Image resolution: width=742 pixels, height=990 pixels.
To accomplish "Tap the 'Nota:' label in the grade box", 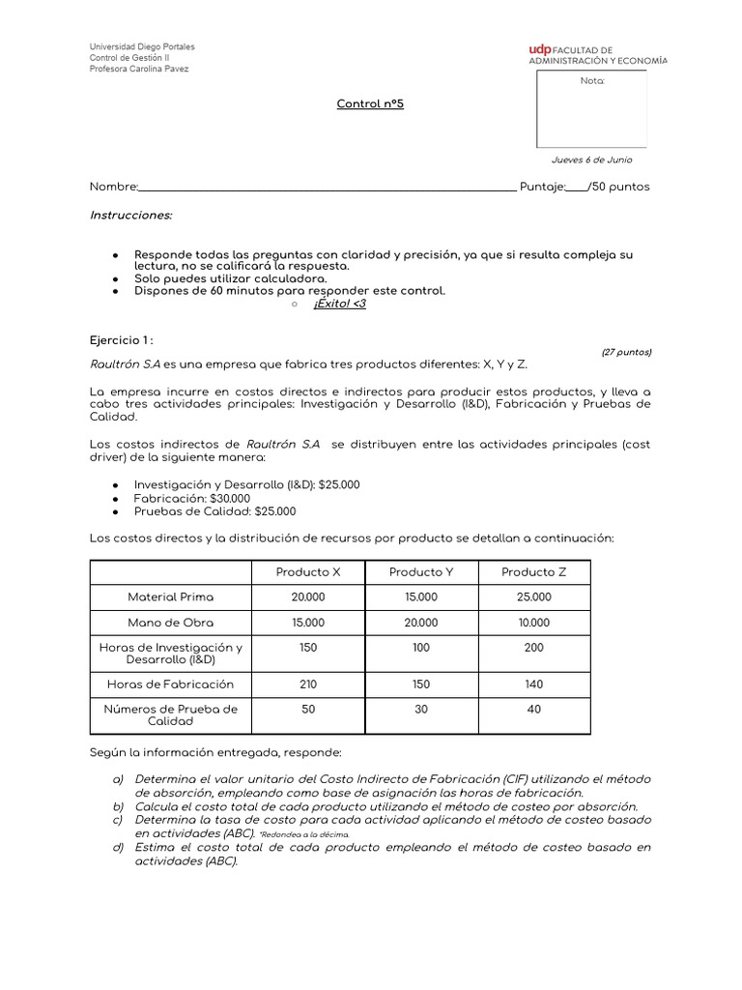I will pos(591,81).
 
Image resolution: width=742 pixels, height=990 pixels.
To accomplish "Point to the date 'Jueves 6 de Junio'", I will pos(591,160).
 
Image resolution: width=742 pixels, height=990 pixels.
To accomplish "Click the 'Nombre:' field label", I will pos(114,187).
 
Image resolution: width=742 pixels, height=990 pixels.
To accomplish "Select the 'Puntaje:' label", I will pos(541,187).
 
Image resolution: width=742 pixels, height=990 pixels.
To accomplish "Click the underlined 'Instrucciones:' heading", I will pos(130,215).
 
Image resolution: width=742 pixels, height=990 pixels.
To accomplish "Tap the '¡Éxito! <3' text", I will pos(339,304).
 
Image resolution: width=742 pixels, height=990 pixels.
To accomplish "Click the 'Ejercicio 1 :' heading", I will pos(122,340).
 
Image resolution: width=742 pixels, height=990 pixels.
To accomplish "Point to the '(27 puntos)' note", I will pos(626,352).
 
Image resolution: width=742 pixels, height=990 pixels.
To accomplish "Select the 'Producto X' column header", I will pos(308,572).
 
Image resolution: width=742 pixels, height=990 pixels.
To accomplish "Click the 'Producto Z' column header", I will pos(533,572).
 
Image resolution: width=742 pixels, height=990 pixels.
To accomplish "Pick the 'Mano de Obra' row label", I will pos(171,623).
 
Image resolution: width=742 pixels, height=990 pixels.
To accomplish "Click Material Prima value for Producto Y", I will pos(420,597).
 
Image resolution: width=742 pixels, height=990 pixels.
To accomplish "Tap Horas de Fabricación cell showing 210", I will pos(308,684).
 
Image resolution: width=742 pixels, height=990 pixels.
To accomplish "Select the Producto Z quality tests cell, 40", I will pos(533,710).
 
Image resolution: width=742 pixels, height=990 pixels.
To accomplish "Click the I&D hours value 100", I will pos(420,648).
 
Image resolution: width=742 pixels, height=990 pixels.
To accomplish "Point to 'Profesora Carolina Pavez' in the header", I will pos(139,69).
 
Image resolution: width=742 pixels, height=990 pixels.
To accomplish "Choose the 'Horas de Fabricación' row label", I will pos(171,684).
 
